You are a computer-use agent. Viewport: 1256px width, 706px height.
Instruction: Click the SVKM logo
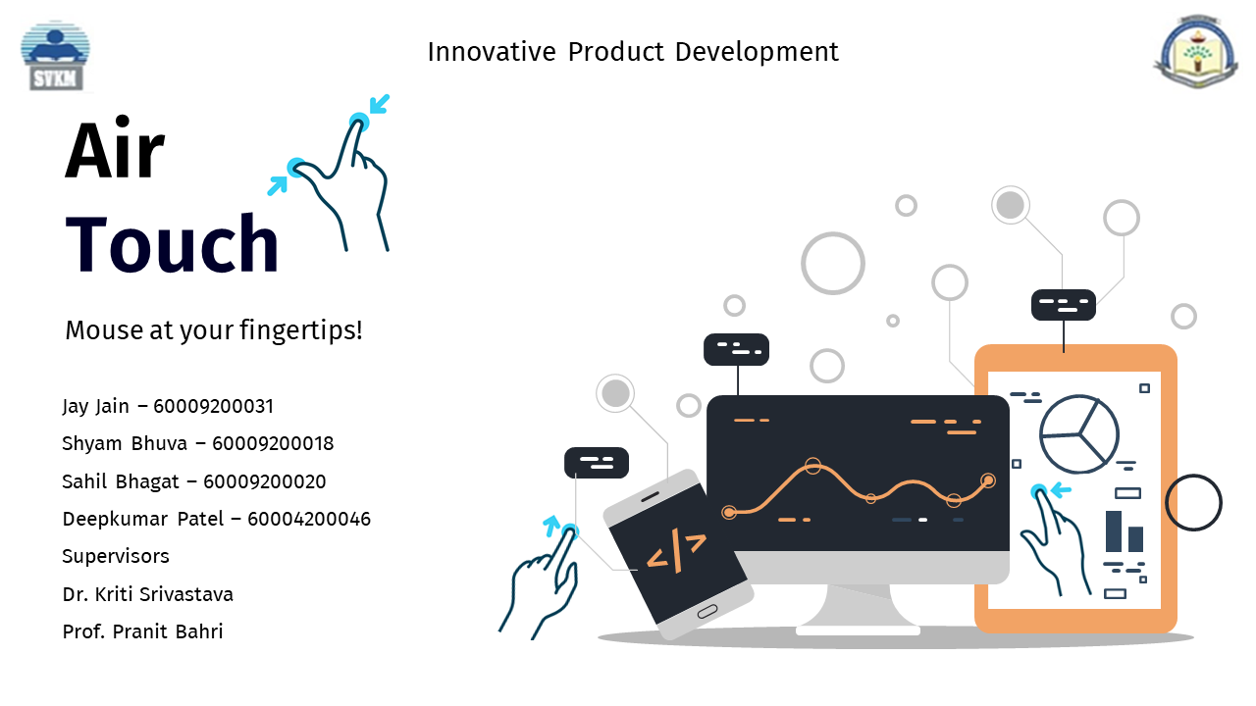(x=55, y=56)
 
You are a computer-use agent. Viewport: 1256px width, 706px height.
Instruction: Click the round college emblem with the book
(x=1196, y=52)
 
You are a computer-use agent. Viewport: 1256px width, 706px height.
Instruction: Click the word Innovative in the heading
(x=492, y=52)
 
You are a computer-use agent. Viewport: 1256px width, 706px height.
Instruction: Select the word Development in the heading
(x=757, y=52)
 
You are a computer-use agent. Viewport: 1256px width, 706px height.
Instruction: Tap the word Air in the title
(x=115, y=149)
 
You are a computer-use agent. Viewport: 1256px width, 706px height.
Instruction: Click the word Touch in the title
(x=172, y=243)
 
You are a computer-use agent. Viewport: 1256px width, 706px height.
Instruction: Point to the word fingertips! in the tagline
(x=301, y=330)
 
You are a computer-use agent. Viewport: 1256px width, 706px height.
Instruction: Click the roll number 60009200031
(x=213, y=406)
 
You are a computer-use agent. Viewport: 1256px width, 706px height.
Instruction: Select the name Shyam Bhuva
(x=125, y=443)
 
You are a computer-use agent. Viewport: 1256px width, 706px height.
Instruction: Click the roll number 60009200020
(x=264, y=481)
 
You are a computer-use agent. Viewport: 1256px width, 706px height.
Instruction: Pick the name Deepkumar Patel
(x=143, y=519)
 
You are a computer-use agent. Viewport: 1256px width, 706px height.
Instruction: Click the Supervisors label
(x=116, y=556)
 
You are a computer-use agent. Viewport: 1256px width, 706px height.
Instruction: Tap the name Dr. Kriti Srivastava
(x=147, y=594)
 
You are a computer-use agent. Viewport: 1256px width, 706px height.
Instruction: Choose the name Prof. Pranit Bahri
(x=142, y=631)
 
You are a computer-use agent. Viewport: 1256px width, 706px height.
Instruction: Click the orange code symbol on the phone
(x=676, y=550)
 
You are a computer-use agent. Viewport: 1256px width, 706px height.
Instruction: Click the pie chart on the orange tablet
(x=1078, y=434)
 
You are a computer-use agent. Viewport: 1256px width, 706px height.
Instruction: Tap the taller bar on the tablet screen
(x=1114, y=531)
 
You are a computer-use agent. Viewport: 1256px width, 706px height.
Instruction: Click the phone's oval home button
(x=707, y=611)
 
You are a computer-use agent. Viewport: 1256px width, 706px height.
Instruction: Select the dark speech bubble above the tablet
(x=1063, y=305)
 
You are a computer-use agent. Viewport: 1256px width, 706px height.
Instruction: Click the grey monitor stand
(x=858, y=610)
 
